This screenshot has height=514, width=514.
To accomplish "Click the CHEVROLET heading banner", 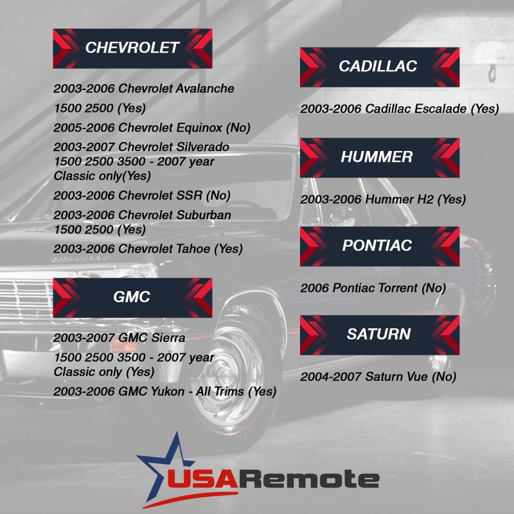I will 132,48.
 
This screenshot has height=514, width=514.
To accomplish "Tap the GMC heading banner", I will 132,297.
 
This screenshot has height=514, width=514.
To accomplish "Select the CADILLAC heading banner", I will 379,66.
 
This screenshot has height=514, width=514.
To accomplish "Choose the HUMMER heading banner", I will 379,157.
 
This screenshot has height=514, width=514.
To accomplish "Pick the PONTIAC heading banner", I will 379,245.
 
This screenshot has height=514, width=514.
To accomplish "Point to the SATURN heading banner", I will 379,334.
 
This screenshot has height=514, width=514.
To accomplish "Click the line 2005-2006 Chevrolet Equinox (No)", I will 152,127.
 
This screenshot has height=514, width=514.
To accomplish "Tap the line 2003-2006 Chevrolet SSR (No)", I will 142,195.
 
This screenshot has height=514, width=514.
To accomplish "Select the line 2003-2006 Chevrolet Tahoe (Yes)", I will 148,249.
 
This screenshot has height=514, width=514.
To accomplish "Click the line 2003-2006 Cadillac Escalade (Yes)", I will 399,109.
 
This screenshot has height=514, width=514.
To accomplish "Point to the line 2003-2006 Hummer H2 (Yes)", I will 383,199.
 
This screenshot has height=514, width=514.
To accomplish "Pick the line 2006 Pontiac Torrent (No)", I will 373,288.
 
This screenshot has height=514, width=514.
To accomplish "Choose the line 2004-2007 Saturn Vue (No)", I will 378,377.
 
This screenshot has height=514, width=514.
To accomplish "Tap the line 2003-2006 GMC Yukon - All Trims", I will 164,391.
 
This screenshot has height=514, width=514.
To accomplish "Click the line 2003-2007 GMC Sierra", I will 120,338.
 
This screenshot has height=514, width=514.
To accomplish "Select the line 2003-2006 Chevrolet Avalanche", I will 144,89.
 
